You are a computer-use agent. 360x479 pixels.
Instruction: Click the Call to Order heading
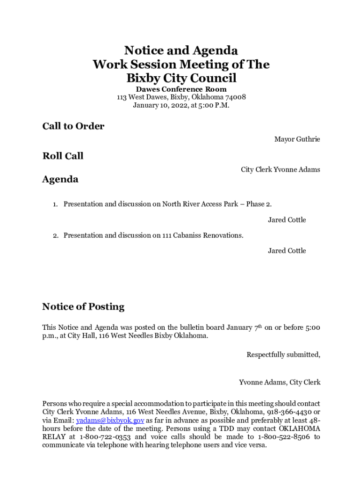(x=73, y=126)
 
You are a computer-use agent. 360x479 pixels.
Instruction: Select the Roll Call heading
(x=63, y=156)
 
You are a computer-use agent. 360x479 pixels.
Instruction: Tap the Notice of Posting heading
(x=83, y=307)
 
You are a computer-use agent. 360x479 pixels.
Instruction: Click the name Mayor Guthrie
(x=297, y=139)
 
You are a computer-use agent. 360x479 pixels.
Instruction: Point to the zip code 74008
(x=236, y=97)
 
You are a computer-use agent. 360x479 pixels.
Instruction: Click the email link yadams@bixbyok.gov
(x=110, y=421)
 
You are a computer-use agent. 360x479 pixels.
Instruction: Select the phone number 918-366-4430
(x=288, y=412)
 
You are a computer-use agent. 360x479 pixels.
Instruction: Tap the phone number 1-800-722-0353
(x=105, y=437)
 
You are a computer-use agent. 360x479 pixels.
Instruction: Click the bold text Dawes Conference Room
(x=181, y=89)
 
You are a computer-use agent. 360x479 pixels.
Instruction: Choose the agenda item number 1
(x=55, y=204)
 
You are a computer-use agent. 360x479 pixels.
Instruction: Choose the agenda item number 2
(x=55, y=235)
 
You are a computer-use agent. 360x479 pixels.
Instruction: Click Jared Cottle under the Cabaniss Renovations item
(x=287, y=251)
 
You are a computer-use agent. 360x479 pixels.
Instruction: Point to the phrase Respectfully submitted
(x=283, y=355)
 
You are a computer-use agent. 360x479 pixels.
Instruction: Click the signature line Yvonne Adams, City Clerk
(x=280, y=383)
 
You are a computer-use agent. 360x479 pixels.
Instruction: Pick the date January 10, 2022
(x=158, y=106)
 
